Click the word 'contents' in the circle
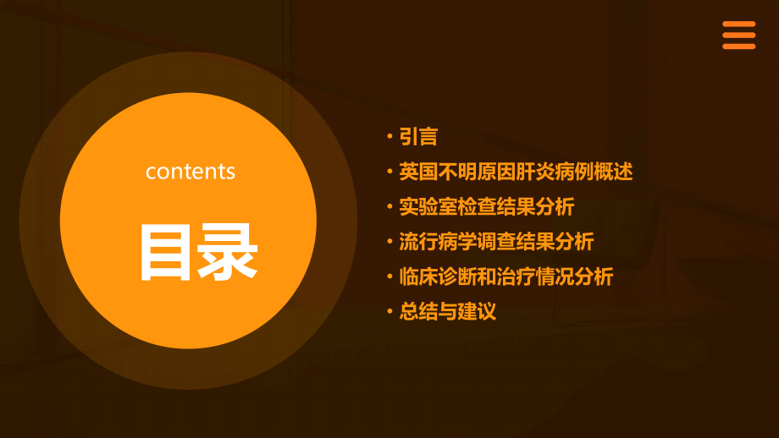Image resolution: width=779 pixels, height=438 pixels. pos(190,172)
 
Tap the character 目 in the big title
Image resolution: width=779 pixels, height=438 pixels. pos(166,252)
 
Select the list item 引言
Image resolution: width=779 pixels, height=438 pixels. pos(418,137)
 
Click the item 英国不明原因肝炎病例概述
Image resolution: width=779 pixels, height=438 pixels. pos(516,172)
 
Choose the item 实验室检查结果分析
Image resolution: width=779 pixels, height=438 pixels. pos(487,206)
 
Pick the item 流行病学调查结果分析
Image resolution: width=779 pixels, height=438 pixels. pos(496,242)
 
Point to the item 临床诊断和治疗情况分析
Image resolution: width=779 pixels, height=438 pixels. pos(506,276)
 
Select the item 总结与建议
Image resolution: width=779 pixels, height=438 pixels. pos(448,312)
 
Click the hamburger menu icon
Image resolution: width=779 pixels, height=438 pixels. pos(738,36)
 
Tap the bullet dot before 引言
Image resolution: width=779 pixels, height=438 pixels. pos(389,137)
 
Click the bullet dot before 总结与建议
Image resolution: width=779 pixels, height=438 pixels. pos(389,312)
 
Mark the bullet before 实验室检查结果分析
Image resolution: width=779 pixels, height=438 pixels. pos(389,207)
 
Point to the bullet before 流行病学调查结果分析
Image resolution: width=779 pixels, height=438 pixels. pos(389,242)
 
